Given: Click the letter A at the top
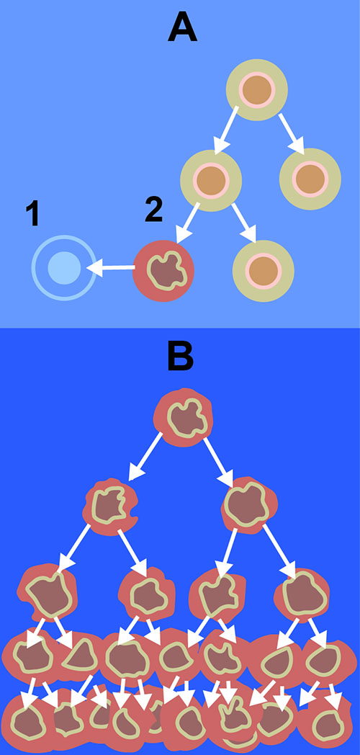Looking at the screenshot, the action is (x=182, y=27).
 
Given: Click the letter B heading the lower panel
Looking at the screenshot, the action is (x=181, y=357).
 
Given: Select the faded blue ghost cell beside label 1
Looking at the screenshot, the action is (x=63, y=268).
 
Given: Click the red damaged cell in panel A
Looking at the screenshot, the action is (x=163, y=271).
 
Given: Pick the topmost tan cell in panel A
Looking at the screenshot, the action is (x=257, y=90).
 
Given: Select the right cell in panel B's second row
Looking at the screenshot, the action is (x=249, y=506).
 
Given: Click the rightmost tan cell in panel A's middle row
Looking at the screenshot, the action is (x=310, y=179).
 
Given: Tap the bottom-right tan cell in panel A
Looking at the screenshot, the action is (x=263, y=271).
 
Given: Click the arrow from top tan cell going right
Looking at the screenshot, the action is (x=291, y=133).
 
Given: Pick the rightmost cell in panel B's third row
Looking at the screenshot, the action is (x=302, y=591).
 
